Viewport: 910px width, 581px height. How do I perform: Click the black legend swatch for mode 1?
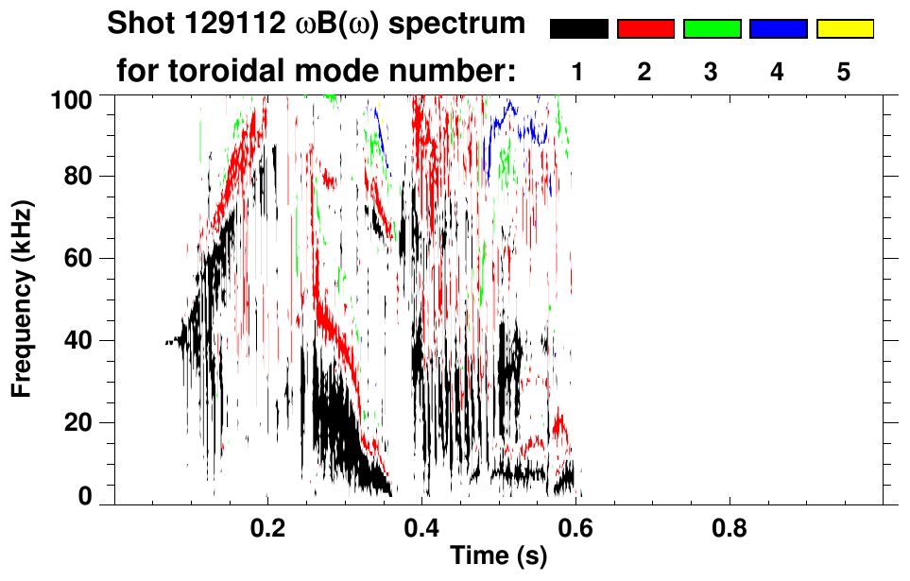coord(578,29)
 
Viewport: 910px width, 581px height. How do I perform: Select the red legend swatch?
coord(645,29)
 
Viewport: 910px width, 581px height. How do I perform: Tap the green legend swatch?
coord(712,29)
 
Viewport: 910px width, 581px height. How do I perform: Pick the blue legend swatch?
coord(778,29)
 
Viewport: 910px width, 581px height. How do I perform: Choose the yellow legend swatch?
coord(844,29)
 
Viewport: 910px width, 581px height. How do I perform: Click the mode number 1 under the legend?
coord(578,73)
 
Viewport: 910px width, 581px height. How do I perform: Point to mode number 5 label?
coord(844,73)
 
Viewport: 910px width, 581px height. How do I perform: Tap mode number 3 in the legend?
coord(712,73)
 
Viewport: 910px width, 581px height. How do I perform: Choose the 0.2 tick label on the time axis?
coord(268,527)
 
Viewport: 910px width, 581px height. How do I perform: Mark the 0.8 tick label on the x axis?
coord(730,527)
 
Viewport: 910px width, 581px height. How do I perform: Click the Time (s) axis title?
coord(498,557)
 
